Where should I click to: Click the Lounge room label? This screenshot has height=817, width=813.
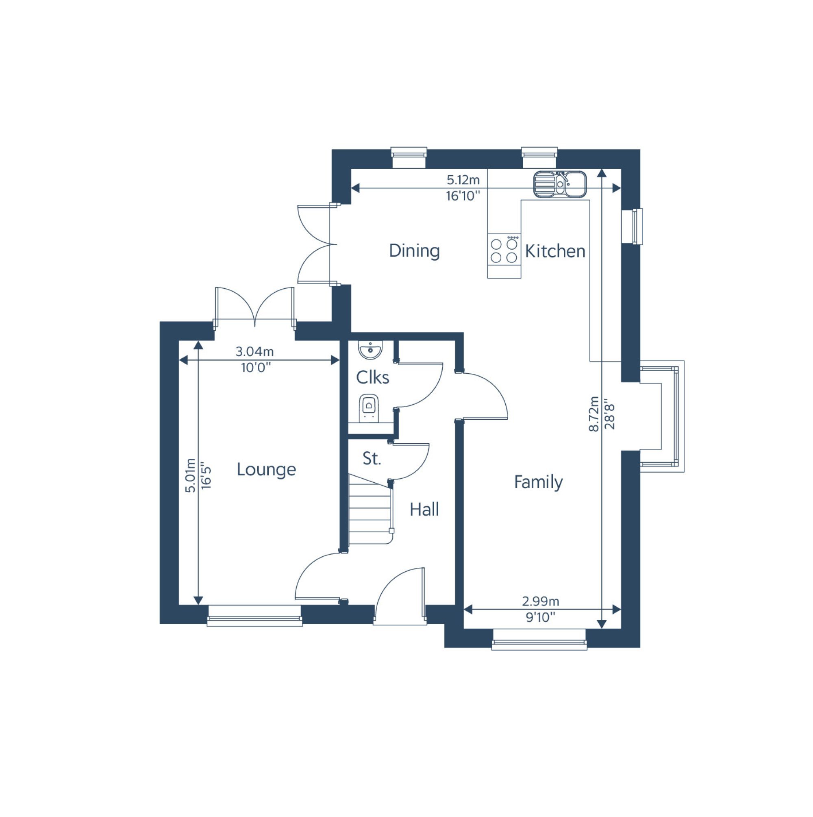coord(266,470)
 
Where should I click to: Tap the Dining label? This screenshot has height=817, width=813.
coord(414,251)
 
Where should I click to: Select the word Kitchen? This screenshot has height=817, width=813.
coord(555,251)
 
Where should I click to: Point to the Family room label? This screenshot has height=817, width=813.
coord(538,482)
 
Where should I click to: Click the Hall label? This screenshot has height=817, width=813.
coord(424,510)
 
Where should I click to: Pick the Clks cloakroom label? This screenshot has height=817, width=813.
coord(372,378)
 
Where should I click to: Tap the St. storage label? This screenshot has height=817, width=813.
coord(372,458)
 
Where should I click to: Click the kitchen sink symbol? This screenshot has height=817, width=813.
coord(559,184)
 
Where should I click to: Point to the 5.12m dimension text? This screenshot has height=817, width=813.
coord(463,180)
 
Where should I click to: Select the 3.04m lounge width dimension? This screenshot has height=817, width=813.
coord(254,351)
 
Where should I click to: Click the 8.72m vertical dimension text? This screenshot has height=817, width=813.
coord(593,414)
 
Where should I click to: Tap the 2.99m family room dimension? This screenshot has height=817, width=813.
coord(540,601)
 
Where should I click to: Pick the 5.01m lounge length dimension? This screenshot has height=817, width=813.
coord(191,475)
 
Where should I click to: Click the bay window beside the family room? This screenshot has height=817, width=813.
coord(662,416)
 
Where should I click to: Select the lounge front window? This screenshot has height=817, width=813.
coord(254,616)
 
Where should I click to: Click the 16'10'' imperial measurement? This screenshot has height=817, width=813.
coord(463,196)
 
